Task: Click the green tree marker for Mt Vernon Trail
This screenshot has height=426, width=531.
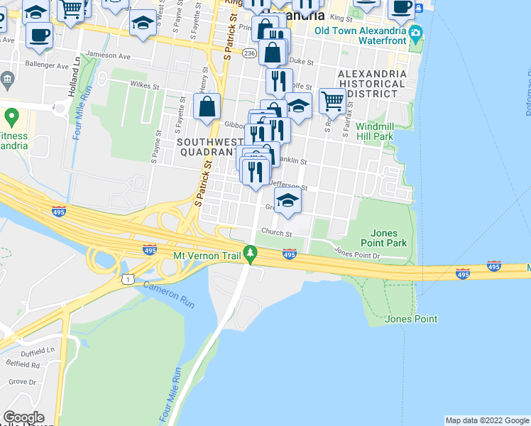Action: pyautogui.click(x=250, y=253)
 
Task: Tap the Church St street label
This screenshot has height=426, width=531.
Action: pyautogui.click(x=276, y=233)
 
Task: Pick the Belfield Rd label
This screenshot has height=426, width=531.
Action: pyautogui.click(x=24, y=365)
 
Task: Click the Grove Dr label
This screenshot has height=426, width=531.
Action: pyautogui.click(x=22, y=382)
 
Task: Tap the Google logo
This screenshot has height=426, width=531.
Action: pyautogui.click(x=23, y=417)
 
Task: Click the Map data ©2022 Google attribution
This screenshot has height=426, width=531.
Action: pyautogui.click(x=486, y=420)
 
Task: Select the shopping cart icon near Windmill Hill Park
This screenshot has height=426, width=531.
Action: pyautogui.click(x=332, y=102)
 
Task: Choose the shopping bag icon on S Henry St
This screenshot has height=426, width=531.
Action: pyautogui.click(x=207, y=107)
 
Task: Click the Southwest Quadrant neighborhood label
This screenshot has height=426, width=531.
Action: pyautogui.click(x=206, y=147)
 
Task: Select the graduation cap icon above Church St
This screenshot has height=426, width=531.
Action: pyautogui.click(x=288, y=202)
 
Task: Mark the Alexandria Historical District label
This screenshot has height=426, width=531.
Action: pyautogui.click(x=372, y=83)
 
